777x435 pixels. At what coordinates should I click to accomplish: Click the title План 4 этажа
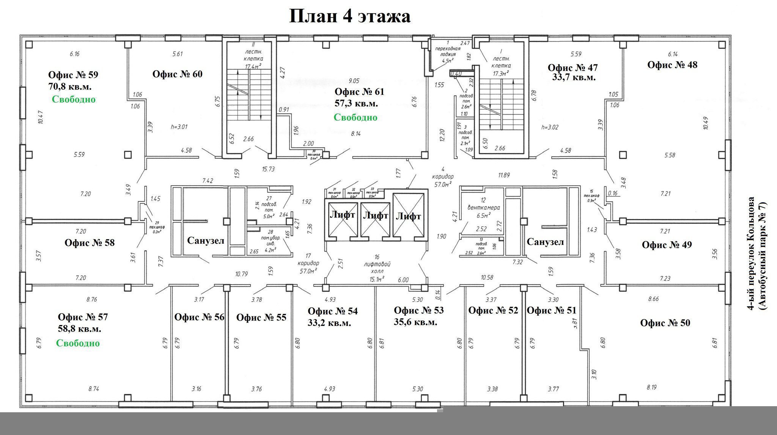coord(349,17)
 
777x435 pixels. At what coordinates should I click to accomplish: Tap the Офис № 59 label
coord(73,75)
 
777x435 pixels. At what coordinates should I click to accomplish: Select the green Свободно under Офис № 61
coord(355,117)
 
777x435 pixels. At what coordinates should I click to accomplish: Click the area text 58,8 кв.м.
coord(80,329)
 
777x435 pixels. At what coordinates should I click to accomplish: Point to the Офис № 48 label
coord(672,65)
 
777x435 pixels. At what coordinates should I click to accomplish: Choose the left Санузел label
coord(206,241)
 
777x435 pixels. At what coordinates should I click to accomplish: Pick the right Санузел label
coord(545,242)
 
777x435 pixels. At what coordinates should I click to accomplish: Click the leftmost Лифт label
coord(342,215)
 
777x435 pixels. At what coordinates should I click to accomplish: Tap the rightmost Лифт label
coord(409,216)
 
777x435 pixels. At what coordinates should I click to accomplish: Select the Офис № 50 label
coord(665,323)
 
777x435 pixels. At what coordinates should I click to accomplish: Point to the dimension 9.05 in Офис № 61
coord(354,81)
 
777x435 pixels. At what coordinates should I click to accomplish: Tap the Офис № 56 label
coord(199,317)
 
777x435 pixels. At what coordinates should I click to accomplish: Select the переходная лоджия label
coord(448,51)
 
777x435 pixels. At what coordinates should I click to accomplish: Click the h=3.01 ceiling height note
coord(179,127)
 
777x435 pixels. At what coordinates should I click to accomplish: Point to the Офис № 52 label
coord(493,310)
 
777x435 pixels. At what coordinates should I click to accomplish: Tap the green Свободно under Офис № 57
coord(78,343)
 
